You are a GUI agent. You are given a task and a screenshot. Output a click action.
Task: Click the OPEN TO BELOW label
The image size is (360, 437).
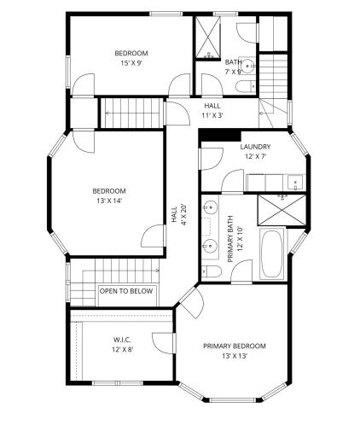point(126,291)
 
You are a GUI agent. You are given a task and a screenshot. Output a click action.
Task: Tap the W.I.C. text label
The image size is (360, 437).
point(122,340)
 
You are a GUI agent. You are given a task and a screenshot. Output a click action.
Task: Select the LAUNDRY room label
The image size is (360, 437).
point(255,147)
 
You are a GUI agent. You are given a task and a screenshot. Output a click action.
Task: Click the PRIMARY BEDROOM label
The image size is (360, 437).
point(235,346)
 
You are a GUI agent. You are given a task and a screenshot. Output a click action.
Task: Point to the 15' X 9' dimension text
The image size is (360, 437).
point(131,63)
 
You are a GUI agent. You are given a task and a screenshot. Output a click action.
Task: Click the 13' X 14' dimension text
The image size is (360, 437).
point(109,201)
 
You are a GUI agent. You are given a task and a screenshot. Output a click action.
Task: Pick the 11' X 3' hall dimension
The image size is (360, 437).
point(212,115)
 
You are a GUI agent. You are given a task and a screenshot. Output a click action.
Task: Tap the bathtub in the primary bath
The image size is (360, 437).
point(271,253)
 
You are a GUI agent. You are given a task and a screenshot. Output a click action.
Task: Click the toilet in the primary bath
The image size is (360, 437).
point(212,271)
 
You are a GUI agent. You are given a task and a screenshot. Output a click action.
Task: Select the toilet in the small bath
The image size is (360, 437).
point(246,86)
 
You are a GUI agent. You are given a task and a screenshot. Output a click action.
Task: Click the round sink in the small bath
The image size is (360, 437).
point(247,66)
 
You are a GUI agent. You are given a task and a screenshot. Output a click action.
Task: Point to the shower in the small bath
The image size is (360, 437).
point(208,38)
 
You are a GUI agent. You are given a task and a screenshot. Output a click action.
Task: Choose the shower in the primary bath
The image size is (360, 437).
point(282,210)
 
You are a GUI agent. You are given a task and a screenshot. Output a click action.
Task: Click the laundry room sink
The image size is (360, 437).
point(295,182)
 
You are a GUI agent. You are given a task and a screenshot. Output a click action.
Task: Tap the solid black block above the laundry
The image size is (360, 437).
point(219,135)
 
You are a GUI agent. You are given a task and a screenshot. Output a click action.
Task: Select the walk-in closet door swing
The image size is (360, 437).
point(163,343)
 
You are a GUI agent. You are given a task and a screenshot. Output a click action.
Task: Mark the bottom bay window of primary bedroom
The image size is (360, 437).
point(233,400)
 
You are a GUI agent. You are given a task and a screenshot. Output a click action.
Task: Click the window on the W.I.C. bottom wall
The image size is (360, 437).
point(118,383)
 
